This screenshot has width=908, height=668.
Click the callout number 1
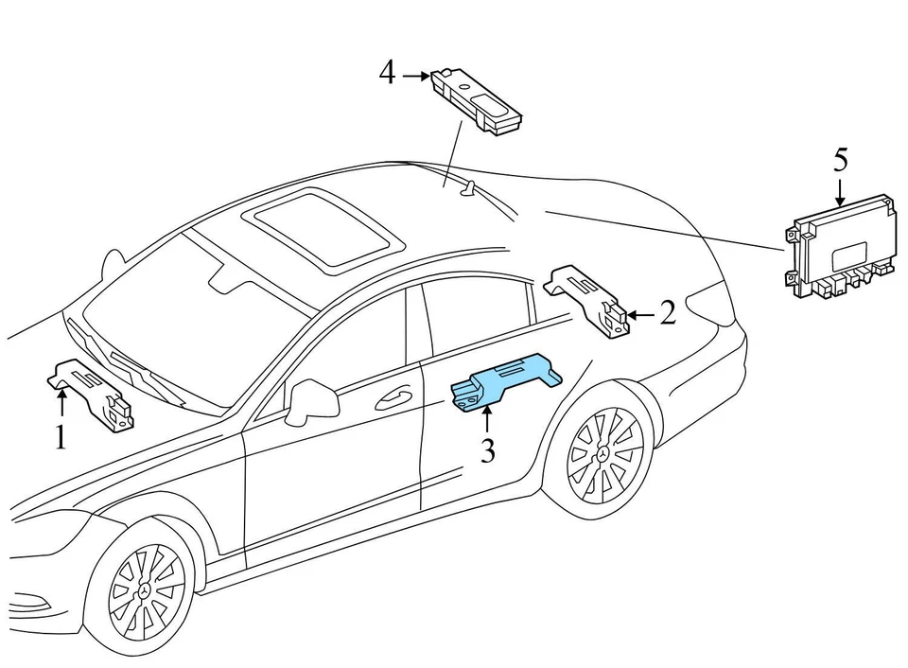(61, 438)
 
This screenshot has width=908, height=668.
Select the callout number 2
(668, 313)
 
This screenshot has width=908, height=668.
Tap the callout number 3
(487, 450)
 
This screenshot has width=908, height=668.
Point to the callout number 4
(387, 73)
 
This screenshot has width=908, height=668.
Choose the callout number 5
(840, 159)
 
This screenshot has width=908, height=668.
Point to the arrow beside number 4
(415, 75)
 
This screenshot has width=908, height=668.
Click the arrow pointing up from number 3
(487, 420)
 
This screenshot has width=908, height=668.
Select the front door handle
(394, 399)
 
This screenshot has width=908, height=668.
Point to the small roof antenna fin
(465, 190)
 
